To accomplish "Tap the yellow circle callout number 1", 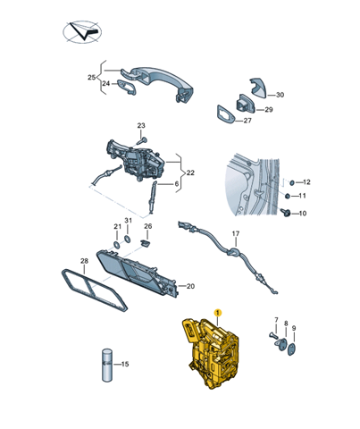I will pos(216,312).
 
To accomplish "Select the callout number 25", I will pos(92,78).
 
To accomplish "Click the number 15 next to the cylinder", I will pos(124,364).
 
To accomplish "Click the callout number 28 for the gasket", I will pos(84,262).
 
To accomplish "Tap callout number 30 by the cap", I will pos(280,95).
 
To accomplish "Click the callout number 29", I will pos(268,110).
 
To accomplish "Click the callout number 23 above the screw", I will pos(141,125).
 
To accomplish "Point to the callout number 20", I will pos(188,286).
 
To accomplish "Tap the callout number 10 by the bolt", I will pos(302,213).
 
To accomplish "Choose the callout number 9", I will pos(294,328).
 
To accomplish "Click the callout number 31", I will pos(129,221).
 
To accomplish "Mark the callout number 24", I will pos(105,84).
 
